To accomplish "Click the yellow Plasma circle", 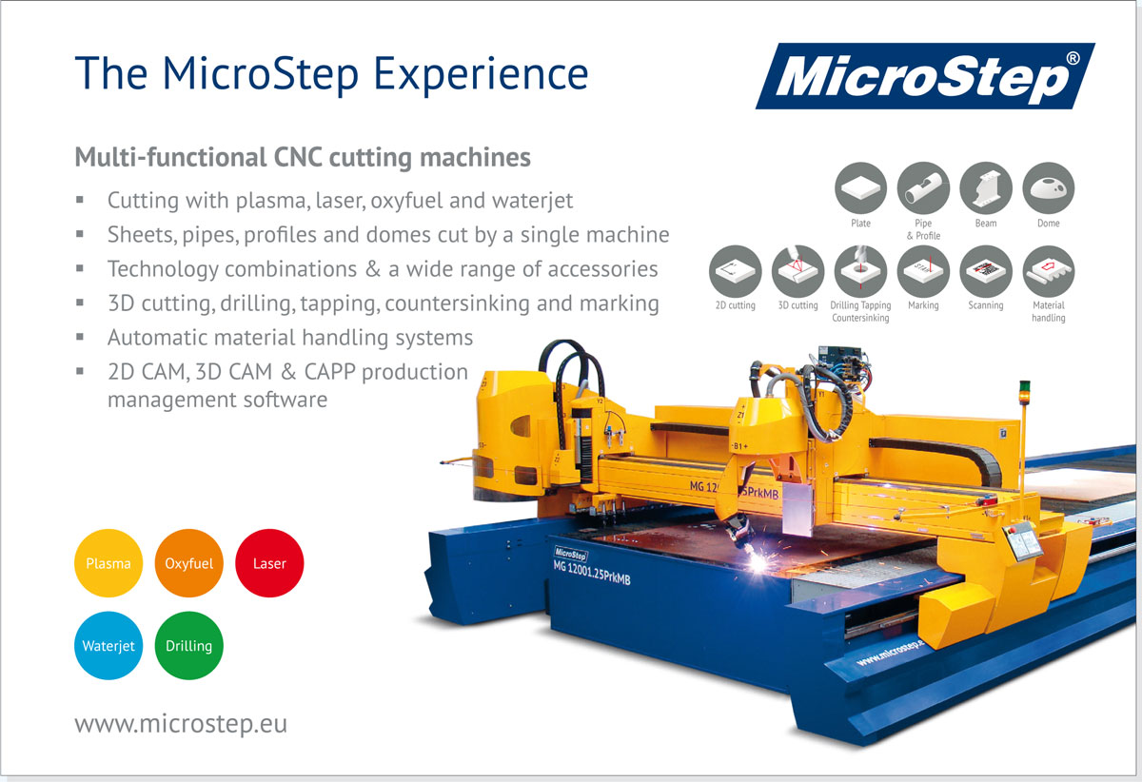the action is click(x=108, y=563).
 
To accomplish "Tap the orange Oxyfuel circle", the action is click(x=188, y=563).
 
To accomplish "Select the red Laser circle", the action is click(x=269, y=563).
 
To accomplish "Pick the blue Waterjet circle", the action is click(x=108, y=645).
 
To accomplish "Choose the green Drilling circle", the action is click(x=188, y=645).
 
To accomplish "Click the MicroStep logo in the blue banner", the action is click(x=925, y=76).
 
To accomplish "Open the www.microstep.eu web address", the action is click(x=181, y=724).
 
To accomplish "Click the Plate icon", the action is click(x=860, y=187).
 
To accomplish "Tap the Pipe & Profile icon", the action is click(x=923, y=187).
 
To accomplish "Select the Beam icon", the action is click(x=986, y=187).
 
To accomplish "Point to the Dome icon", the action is click(x=1049, y=187).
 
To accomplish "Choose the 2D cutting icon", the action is click(x=735, y=271).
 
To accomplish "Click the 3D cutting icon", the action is click(x=797, y=271).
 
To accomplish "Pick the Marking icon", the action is click(x=923, y=271).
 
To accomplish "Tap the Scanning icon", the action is click(x=986, y=271).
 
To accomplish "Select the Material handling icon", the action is click(x=1049, y=271).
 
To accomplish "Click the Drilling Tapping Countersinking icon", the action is click(x=860, y=271).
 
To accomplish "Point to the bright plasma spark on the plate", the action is click(x=758, y=562).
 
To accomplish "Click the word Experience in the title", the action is click(x=481, y=74).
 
